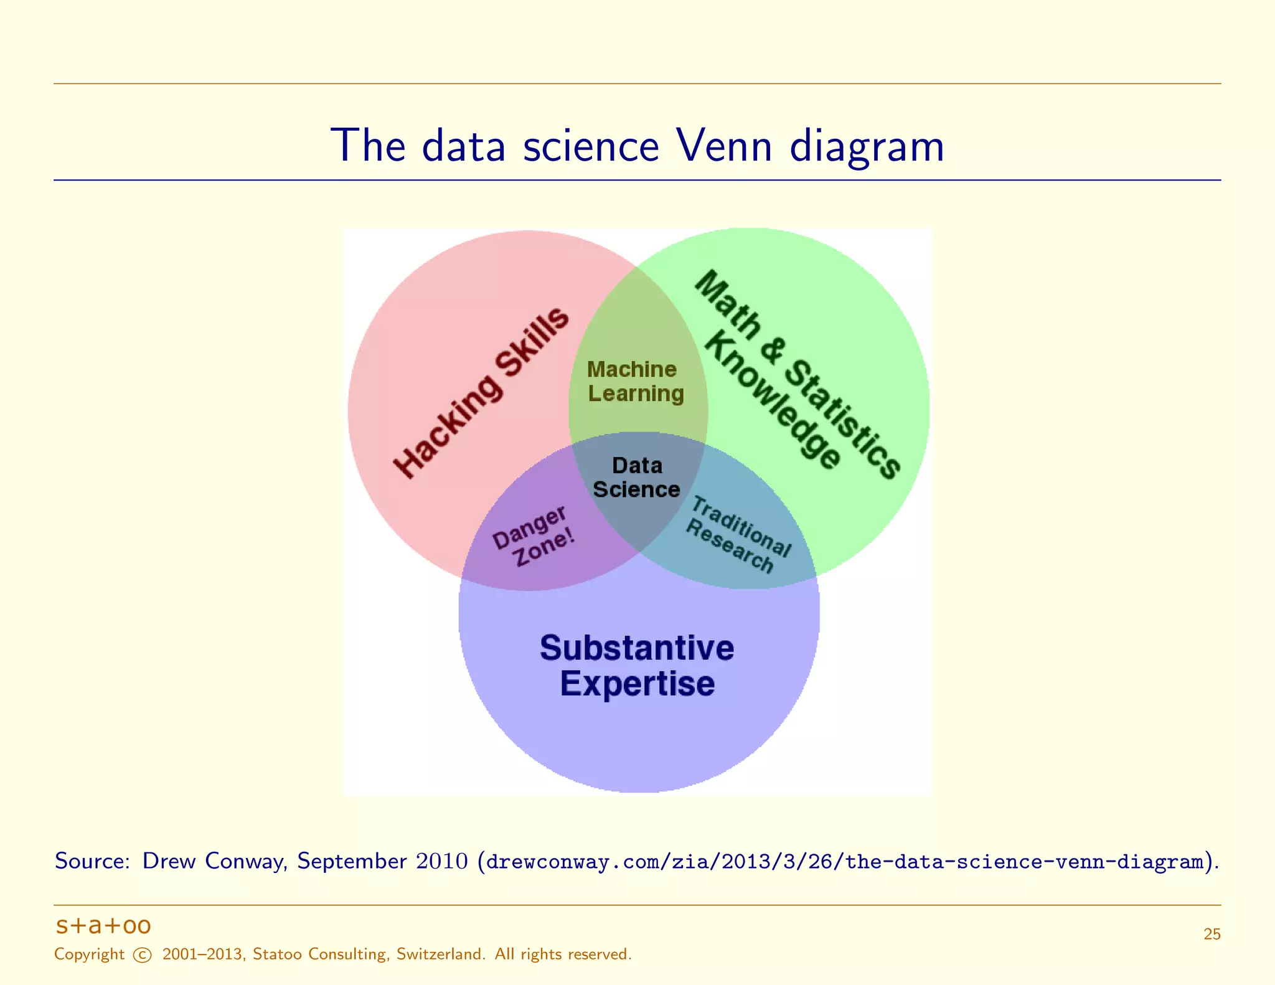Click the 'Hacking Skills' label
tap(481, 394)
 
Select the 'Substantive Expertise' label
tap(637, 666)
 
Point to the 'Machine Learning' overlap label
tap(635, 382)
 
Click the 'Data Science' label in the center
tap(636, 478)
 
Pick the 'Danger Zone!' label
tap(533, 535)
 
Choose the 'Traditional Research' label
tap(738, 534)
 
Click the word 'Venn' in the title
tap(723, 146)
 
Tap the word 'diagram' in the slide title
tap(867, 147)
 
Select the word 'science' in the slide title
tap(591, 146)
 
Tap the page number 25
tap(1211, 934)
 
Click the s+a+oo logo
tap(103, 926)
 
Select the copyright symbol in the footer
tap(143, 955)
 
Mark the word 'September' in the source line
tap(352, 862)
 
